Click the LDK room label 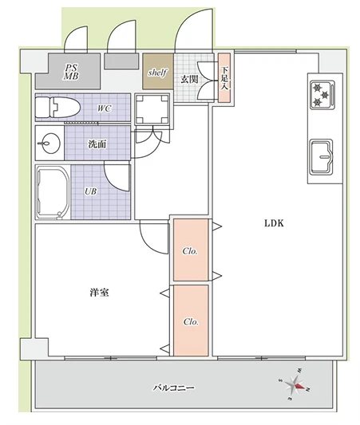(274, 223)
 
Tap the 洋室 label (99, 293)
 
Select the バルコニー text (174, 388)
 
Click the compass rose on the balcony (295, 385)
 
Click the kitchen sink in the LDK (322, 156)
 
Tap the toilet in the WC (57, 108)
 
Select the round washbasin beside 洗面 (49, 143)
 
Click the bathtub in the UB (53, 192)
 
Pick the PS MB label (71, 72)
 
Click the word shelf (157, 73)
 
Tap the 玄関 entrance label (189, 80)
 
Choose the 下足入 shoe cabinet (224, 78)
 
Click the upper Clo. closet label (190, 251)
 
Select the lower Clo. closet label (191, 321)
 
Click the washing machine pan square (152, 109)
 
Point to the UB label (91, 191)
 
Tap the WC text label (105, 108)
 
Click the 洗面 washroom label (97, 144)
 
